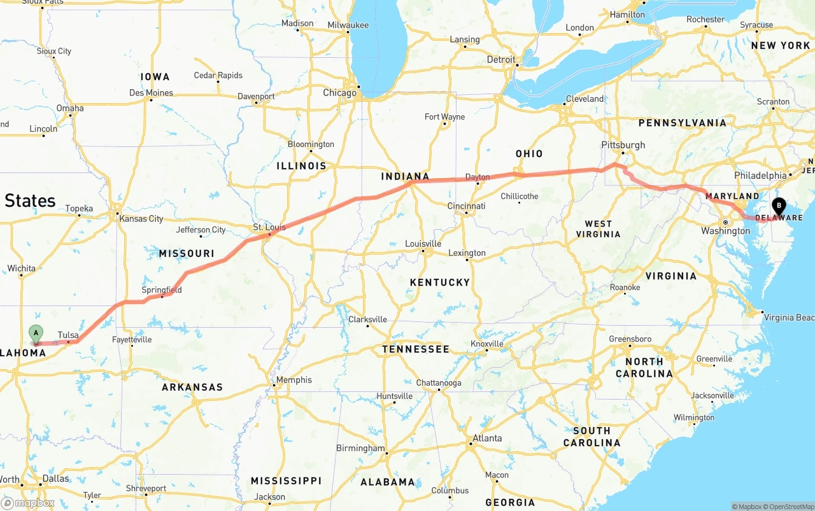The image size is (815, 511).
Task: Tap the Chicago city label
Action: click(339, 93)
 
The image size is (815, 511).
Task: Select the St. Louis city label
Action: click(269, 227)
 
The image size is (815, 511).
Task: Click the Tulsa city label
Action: click(68, 335)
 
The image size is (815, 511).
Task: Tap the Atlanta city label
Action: click(486, 438)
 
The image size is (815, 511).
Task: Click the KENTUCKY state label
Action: click(439, 282)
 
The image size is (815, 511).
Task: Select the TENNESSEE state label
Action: click(416, 349)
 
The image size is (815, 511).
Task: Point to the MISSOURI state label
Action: click(187, 253)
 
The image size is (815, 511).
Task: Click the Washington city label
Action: click(726, 230)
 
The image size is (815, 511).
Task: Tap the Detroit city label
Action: click(501, 59)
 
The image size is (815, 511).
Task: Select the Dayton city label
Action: click(478, 177)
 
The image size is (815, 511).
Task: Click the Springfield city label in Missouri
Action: click(162, 290)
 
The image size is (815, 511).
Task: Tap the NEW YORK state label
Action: click(780, 45)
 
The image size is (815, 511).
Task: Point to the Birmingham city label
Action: click(360, 448)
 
